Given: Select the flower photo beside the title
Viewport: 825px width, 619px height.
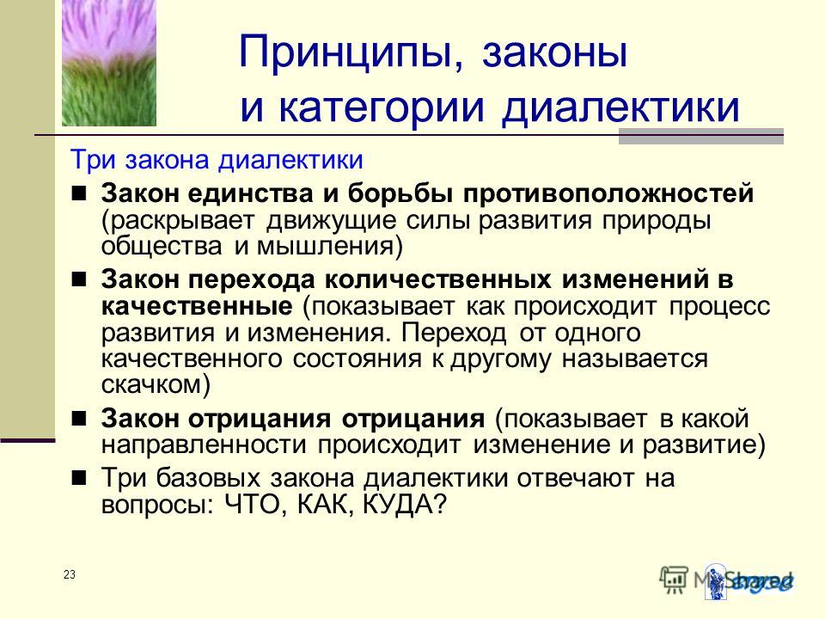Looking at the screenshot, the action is (x=109, y=63).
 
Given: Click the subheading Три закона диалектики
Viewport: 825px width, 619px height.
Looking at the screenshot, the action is (x=217, y=160).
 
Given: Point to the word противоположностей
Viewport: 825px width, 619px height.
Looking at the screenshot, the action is (x=608, y=193).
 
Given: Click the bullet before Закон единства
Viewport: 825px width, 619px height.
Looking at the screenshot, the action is (x=79, y=193).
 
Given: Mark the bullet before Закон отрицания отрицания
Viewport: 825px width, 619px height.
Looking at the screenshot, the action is (x=79, y=419).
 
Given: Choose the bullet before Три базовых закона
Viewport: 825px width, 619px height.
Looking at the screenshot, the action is (x=79, y=478).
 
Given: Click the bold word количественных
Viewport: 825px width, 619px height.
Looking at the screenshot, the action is (x=437, y=279).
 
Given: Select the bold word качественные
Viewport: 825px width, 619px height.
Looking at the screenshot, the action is (x=197, y=306).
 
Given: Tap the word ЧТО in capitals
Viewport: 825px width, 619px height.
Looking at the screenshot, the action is (x=254, y=505).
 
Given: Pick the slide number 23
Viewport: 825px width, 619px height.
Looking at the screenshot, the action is (x=70, y=575).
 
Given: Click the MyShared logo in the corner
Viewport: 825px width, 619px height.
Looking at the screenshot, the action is (x=727, y=581).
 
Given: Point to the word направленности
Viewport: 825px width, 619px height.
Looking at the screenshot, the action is (x=204, y=445).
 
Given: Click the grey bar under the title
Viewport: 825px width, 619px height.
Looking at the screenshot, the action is (x=701, y=137).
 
